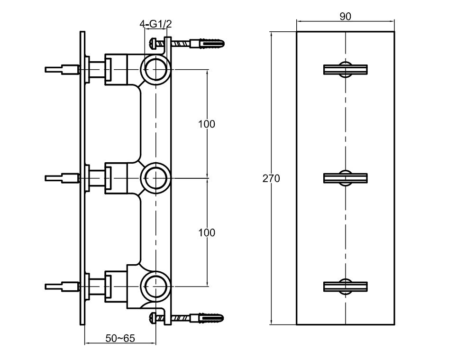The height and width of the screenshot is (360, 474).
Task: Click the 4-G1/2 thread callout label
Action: (155, 23)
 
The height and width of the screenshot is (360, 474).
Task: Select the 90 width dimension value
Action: (345, 17)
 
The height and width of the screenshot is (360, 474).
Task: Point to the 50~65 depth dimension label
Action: (120, 338)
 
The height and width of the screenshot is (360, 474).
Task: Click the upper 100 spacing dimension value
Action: (206, 124)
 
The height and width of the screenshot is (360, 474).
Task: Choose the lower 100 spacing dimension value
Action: (206, 233)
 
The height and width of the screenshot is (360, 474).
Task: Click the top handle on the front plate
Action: (346, 69)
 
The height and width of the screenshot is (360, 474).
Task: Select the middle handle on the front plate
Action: (346, 178)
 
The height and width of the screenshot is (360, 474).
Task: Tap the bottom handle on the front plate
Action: (346, 286)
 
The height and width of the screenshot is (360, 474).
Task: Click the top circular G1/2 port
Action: (155, 70)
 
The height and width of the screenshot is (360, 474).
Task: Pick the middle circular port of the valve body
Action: (155, 178)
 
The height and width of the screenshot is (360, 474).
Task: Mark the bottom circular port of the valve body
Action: (155, 287)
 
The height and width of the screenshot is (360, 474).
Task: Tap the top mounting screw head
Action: (153, 43)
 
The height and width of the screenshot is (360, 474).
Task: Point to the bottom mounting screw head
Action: (153, 317)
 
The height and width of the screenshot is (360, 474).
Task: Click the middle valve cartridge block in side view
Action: (115, 178)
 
